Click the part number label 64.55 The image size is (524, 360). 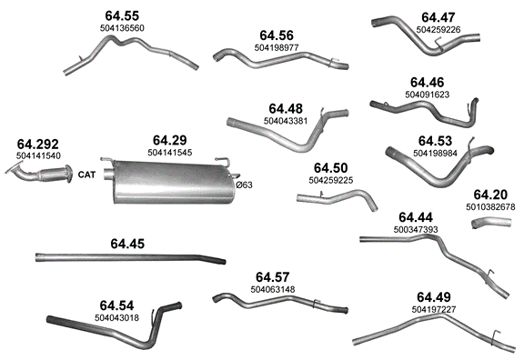coord(122,15)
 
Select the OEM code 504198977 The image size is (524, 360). coord(277,48)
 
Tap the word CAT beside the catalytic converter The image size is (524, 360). coord(86,175)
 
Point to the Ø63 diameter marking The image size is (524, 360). coord(245,185)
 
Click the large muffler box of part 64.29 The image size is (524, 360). coord(173,182)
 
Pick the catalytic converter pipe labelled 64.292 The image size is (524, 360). coord(39,174)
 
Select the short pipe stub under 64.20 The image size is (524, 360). coord(491,223)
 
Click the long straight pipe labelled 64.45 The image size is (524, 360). coord(130,258)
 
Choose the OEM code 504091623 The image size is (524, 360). coord(427,95)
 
